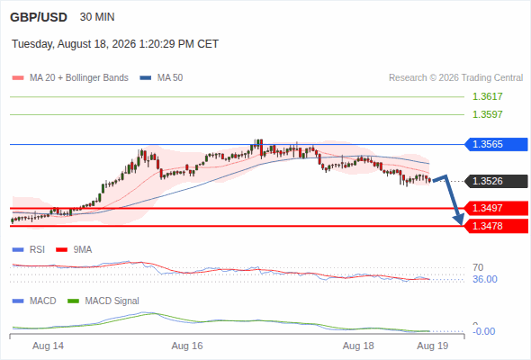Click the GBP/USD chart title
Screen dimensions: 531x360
[x=39, y=17]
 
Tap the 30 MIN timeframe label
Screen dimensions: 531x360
[x=97, y=17]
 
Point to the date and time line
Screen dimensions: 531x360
[x=115, y=44]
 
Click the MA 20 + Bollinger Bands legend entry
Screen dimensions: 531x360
[x=70, y=78]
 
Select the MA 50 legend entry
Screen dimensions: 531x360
[x=161, y=78]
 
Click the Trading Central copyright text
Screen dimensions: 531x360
[x=455, y=78]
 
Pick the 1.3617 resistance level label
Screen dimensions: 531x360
[x=487, y=96]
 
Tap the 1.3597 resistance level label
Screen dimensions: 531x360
[x=487, y=114]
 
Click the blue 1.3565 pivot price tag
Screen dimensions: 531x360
[x=496, y=144]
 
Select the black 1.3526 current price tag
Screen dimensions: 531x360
[x=496, y=181]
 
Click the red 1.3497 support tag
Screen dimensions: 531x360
[x=496, y=208]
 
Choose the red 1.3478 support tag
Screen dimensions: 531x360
[x=496, y=226]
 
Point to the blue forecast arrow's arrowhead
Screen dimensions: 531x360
[x=460, y=220]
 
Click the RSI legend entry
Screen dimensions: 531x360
[x=29, y=249]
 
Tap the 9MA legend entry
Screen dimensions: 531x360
[x=74, y=249]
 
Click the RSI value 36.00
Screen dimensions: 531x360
[x=485, y=279]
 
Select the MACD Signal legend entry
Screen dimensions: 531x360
[x=103, y=301]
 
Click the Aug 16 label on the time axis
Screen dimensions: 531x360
[x=187, y=346]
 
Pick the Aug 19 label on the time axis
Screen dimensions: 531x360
[x=433, y=346]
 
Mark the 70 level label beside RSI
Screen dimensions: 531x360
[x=478, y=267]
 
